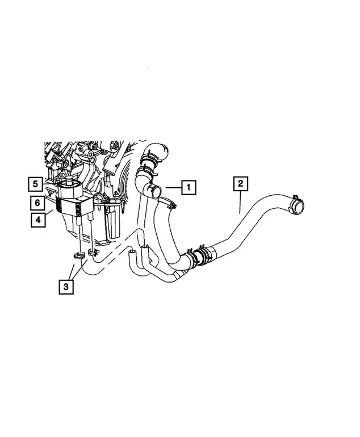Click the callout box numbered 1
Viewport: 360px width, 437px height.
click(x=189, y=187)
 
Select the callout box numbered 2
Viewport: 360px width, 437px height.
click(x=240, y=184)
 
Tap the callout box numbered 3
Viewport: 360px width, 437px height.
click(x=66, y=287)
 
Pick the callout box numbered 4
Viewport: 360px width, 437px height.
click(x=38, y=220)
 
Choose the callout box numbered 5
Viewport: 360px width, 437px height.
click(x=35, y=184)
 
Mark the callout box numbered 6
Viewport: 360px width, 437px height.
click(x=37, y=203)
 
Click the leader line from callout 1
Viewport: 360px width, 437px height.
click(x=173, y=187)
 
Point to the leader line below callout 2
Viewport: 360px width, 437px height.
click(x=240, y=202)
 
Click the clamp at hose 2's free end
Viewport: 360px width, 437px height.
click(x=293, y=203)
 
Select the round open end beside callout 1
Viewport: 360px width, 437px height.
click(x=157, y=192)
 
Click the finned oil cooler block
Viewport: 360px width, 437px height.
click(x=73, y=205)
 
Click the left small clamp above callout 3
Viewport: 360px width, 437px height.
click(x=78, y=255)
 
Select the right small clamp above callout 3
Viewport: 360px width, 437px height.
click(x=93, y=252)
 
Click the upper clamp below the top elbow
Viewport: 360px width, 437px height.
click(x=148, y=159)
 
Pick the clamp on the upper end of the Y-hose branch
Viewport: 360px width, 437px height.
click(x=168, y=203)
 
